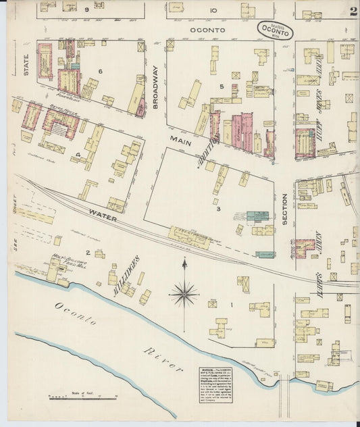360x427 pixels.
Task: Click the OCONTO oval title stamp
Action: click(x=277, y=31)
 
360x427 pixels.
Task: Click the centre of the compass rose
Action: click(x=184, y=293)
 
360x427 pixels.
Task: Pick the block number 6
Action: click(x=99, y=71)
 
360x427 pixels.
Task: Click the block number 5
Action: click(x=221, y=87)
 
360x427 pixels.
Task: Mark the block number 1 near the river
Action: click(x=231, y=305)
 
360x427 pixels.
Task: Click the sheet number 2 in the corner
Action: click(x=353, y=10)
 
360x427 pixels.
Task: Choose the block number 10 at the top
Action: click(x=213, y=10)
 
